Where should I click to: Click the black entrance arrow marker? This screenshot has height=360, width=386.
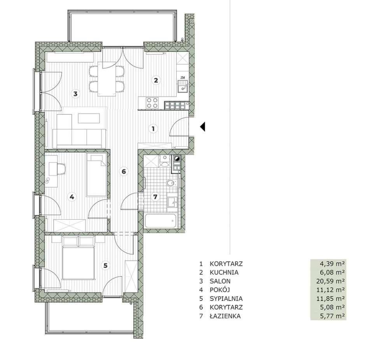point(202,127)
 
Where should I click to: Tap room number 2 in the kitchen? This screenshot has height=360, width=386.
point(156,80)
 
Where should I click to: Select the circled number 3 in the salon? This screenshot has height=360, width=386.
point(75,94)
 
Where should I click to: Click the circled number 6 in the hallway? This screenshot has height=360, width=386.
point(124,171)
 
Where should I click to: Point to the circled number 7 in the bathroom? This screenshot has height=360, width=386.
point(155,197)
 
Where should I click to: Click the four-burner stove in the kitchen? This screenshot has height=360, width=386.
point(152,103)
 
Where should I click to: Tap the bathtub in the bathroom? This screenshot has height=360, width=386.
point(161,222)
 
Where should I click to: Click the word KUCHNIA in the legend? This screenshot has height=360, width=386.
point(224,273)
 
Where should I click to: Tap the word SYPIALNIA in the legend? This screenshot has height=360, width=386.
point(226,299)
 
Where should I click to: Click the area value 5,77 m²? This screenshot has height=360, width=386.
point(333,316)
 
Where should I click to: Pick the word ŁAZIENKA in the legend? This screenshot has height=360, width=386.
point(225,316)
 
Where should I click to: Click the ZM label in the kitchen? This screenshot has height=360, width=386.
point(182,77)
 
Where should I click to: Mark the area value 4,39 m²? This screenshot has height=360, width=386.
point(333,264)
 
